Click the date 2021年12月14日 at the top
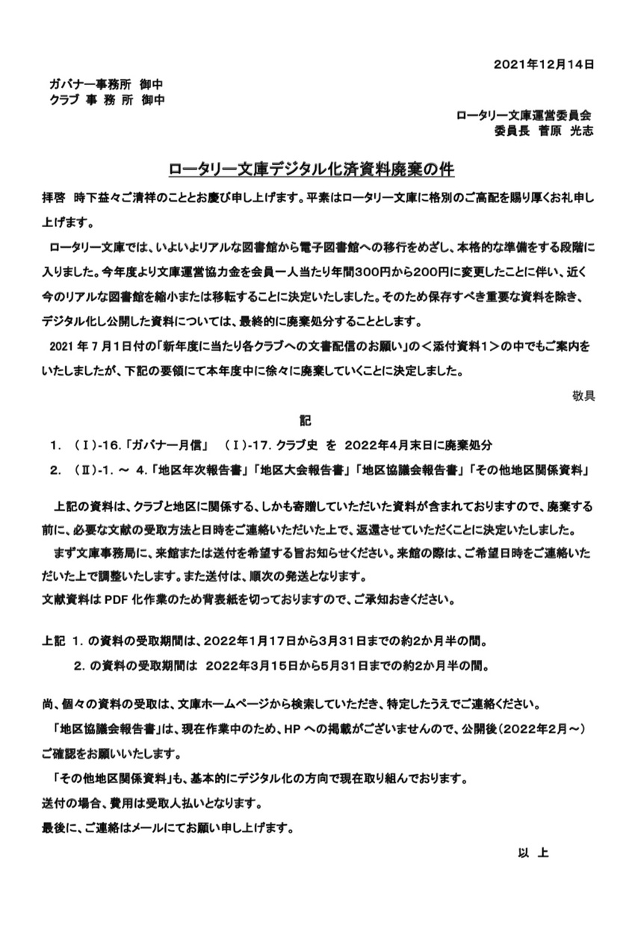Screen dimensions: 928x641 pyautogui.click(x=544, y=64)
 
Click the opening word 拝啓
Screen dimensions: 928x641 pyautogui.click(x=53, y=201)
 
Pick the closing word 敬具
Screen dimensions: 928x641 pyautogui.click(x=583, y=396)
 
